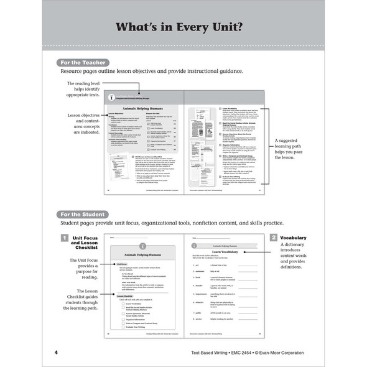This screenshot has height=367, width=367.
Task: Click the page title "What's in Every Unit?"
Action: tap(183, 28)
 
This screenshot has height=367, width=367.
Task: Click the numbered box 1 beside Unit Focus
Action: tap(64, 238)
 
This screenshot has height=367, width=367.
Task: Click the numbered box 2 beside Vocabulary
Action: tap(273, 238)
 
